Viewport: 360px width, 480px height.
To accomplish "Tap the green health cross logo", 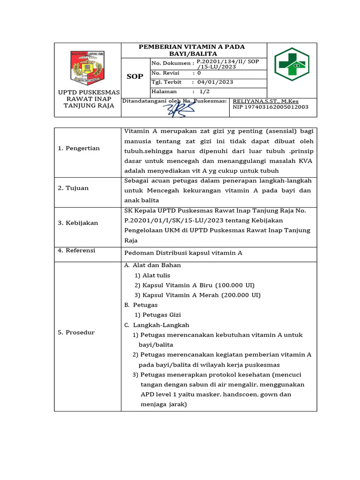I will (x=292, y=64).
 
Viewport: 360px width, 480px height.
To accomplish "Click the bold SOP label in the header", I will (x=135, y=76).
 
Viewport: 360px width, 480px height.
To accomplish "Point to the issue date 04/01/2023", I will (x=215, y=82).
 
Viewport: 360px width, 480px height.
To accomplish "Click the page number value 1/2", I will (x=204, y=91).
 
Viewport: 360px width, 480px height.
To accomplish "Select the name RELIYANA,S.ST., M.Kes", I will (x=265, y=101).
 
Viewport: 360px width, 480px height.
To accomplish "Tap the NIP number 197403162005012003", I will (x=270, y=107).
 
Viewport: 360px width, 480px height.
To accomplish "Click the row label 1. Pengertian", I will (x=79, y=148).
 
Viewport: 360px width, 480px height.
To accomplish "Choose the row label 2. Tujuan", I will (x=73, y=188).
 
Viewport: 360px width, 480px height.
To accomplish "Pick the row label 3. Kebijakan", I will (x=78, y=223).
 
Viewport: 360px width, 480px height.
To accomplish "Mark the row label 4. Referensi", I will (x=76, y=250).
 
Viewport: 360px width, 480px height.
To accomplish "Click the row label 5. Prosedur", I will (x=76, y=332).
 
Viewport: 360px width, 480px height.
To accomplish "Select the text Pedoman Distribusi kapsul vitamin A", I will (x=183, y=253).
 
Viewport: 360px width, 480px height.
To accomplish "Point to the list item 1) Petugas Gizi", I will (x=157, y=315).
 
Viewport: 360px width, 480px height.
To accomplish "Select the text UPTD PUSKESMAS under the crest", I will (x=88, y=92).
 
